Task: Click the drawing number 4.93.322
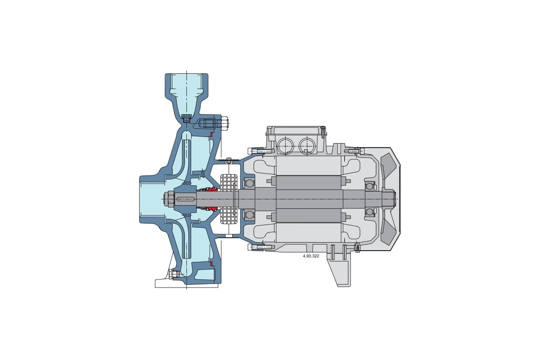click(311, 256)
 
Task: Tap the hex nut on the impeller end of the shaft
click(169, 199)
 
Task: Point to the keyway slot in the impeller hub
click(185, 199)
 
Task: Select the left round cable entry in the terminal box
click(285, 146)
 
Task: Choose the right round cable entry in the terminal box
click(307, 146)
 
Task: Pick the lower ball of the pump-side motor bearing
click(249, 214)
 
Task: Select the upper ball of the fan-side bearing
click(369, 186)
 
